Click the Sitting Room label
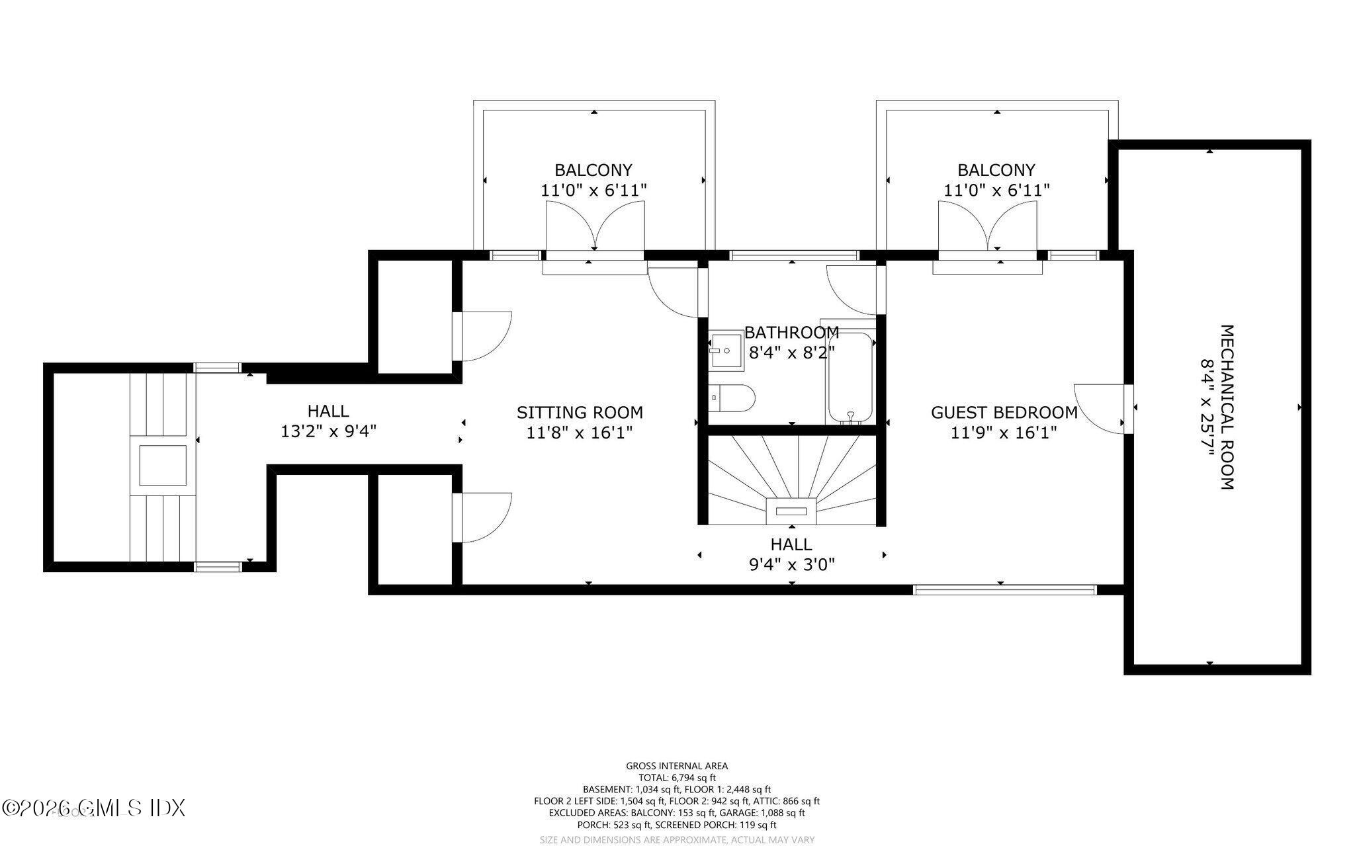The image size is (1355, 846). click(580, 413)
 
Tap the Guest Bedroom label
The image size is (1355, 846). click(1004, 413)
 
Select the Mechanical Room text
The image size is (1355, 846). click(1227, 407)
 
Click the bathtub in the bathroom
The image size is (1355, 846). click(850, 377)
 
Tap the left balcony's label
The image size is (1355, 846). click(593, 170)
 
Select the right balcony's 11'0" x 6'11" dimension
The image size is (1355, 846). click(996, 190)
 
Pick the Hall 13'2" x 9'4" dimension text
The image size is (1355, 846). click(329, 432)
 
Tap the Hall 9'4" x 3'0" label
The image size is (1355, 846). click(791, 554)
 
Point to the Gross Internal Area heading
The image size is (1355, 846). click(677, 766)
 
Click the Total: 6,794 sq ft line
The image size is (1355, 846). click(677, 778)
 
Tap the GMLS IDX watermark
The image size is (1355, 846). click(94, 808)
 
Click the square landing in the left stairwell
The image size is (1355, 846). click(162, 465)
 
